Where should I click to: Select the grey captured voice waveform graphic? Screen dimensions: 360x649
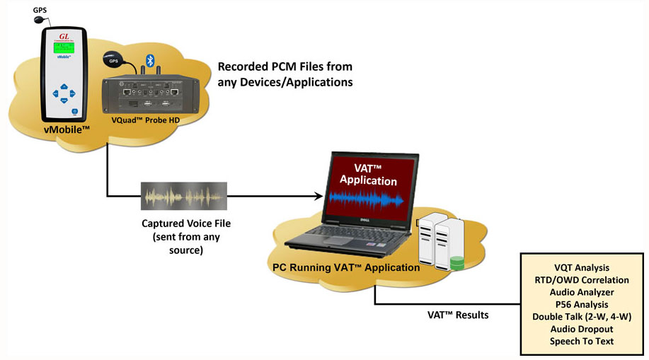[x=183, y=195]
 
